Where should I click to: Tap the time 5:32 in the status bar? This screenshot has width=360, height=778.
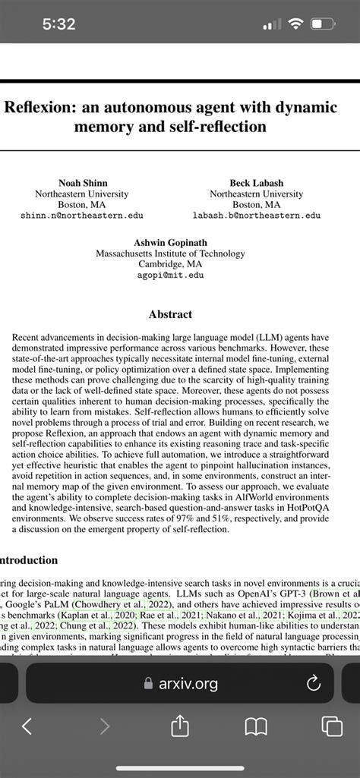(58, 24)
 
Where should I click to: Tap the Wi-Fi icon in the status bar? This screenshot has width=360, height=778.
(295, 24)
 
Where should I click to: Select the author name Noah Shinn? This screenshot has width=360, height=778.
(82, 182)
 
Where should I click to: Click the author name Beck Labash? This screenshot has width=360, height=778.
(255, 182)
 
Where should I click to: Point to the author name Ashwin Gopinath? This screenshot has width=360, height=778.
(171, 242)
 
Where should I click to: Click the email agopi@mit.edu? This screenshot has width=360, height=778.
(171, 276)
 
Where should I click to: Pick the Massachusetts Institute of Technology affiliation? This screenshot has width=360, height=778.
(171, 254)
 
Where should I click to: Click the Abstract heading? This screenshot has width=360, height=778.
(170, 313)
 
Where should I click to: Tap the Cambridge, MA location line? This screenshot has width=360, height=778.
(171, 264)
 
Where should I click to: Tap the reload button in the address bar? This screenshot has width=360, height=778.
(312, 684)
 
